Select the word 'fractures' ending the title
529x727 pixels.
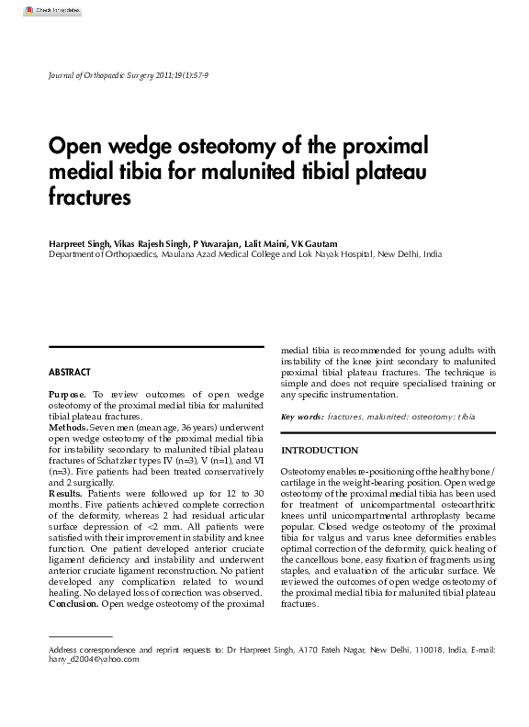[90, 196]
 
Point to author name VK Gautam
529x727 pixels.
[314, 242]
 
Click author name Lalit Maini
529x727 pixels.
[264, 242]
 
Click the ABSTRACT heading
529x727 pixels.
[70, 373]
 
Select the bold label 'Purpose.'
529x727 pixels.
[69, 394]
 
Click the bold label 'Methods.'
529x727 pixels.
[68, 428]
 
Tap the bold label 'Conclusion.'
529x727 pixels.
[73, 604]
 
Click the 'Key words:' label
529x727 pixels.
[302, 417]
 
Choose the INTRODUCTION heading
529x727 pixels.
[320, 451]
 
